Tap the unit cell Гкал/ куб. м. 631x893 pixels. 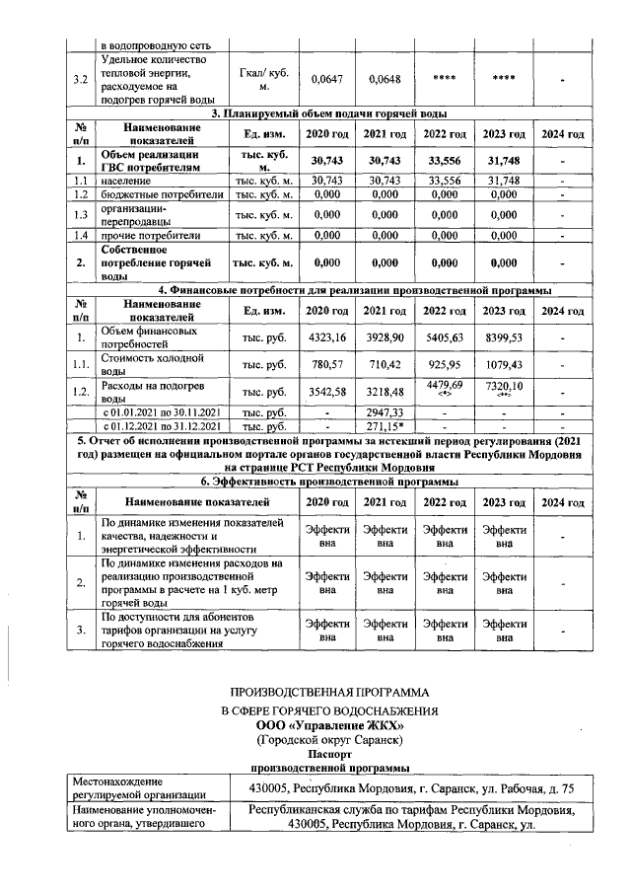pos(262,78)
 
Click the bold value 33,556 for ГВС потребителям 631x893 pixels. pos(446,161)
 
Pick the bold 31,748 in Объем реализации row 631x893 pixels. pos(503,161)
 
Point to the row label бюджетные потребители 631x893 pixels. pos(162,195)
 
